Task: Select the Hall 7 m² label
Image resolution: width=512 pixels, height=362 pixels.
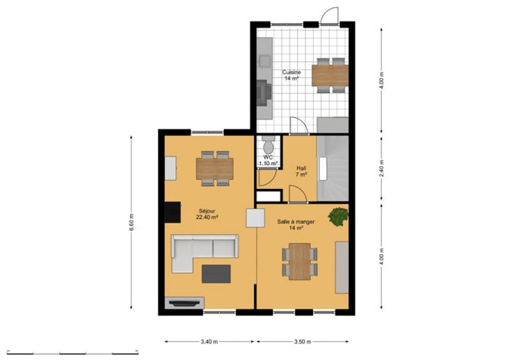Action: [301, 172]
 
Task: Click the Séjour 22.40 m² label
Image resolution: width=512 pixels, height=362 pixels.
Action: [207, 214]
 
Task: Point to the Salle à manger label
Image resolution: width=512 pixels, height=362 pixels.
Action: [296, 222]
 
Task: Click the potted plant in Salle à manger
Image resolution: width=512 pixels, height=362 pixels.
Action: [339, 217]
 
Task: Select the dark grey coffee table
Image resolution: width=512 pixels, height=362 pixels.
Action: [216, 274]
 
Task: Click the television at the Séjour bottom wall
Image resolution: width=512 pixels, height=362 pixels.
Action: [184, 303]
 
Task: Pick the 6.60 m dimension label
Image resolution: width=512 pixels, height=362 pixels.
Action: [131, 222]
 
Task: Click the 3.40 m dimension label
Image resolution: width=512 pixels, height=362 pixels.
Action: [209, 342]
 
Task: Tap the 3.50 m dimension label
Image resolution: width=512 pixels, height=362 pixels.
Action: [303, 342]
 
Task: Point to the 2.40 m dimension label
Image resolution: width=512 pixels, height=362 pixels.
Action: [382, 168]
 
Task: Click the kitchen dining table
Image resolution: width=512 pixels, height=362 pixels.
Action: [330, 75]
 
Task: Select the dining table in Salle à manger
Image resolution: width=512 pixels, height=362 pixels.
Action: [300, 261]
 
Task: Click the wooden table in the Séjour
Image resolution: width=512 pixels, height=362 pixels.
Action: [215, 169]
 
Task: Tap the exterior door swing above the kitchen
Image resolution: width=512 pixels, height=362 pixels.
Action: [330, 16]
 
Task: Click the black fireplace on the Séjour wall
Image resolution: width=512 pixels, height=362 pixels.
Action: [173, 213]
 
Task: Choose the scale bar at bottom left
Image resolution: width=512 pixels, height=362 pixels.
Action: [72, 353]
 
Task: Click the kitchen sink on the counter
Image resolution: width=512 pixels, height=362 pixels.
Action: [265, 61]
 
